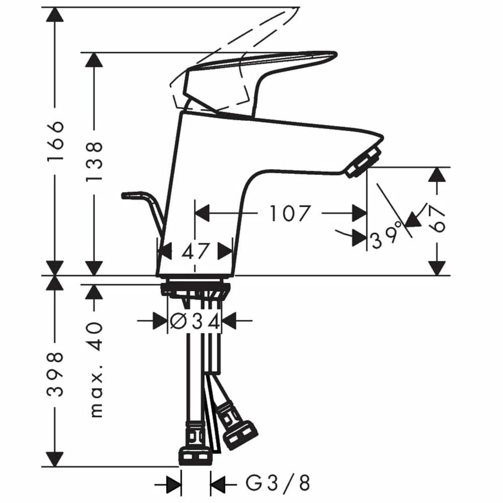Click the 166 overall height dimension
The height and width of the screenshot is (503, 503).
click(x=55, y=141)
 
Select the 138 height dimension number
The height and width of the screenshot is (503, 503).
click(x=94, y=161)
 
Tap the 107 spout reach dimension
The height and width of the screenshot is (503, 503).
click(x=290, y=213)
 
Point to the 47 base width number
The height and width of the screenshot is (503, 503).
click(x=195, y=251)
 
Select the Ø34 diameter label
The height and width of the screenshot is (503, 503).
click(x=194, y=321)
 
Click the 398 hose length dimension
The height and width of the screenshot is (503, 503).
click(x=55, y=374)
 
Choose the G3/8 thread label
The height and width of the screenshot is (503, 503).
click(x=278, y=483)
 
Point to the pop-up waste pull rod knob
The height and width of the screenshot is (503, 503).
click(x=132, y=195)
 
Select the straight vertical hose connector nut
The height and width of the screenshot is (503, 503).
click(x=195, y=457)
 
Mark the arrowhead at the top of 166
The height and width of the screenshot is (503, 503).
click(x=55, y=15)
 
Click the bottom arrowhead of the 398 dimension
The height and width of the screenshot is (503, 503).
click(x=55, y=459)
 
